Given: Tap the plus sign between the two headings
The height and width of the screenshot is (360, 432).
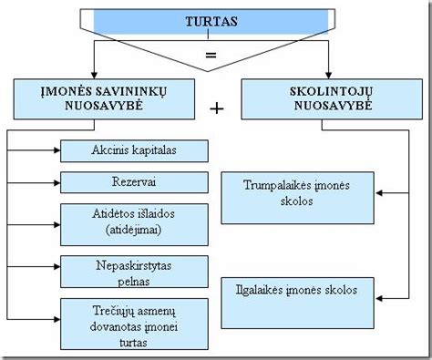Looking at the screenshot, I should coord(217,108).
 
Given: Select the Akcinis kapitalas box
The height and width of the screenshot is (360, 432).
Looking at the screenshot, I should coord(134,149).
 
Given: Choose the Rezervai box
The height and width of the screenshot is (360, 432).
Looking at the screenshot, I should coord(134,181).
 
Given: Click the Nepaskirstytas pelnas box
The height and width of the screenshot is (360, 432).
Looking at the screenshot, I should coord(134,272).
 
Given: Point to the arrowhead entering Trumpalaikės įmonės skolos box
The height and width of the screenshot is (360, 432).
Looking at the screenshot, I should coord(382,192).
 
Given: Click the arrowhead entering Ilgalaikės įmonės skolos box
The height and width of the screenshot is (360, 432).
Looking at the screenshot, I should coord(382,298).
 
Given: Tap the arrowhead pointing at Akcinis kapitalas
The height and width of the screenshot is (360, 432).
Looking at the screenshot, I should coord(57,149).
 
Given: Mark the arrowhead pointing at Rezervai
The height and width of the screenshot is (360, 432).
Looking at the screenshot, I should coord(57,181).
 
